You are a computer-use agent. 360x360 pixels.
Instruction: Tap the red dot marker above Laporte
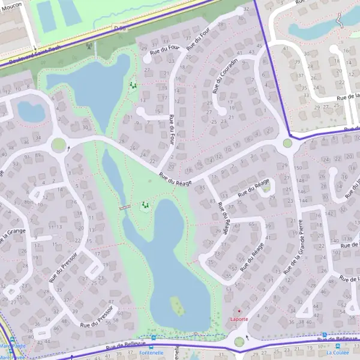(x=239, y=311)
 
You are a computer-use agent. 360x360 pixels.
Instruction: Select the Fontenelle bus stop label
(x=151, y=353)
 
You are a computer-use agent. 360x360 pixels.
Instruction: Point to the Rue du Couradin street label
(x=225, y=76)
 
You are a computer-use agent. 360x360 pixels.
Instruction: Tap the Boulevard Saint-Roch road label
(x=30, y=56)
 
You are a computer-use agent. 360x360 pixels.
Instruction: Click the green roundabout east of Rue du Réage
(x=287, y=143)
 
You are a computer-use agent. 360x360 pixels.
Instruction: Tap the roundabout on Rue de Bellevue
(x=239, y=342)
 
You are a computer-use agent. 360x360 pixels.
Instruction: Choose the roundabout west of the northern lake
(x=58, y=145)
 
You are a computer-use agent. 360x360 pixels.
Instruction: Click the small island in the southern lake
(x=177, y=307)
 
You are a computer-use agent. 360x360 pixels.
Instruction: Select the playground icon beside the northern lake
(x=133, y=86)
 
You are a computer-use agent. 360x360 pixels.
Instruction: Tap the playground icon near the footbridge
(x=144, y=206)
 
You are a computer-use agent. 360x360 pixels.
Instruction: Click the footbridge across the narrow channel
(x=125, y=208)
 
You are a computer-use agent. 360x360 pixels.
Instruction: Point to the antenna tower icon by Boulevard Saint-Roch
(x=89, y=44)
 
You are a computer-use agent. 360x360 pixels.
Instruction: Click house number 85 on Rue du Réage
(x=202, y=187)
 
